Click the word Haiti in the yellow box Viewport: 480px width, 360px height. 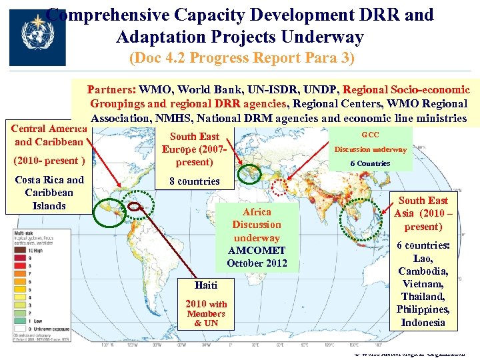pyautogui.click(x=206, y=285)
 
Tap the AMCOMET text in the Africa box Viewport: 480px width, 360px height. pyautogui.click(x=257, y=251)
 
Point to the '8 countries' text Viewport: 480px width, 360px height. pyautogui.click(x=195, y=181)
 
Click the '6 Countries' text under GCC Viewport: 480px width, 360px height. pyautogui.click(x=371, y=163)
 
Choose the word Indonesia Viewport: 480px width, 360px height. pyautogui.click(x=423, y=323)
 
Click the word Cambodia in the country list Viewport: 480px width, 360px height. pyautogui.click(x=423, y=271)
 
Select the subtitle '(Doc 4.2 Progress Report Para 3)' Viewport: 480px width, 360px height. pyautogui.click(x=242, y=58)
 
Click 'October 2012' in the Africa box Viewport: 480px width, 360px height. pyautogui.click(x=257, y=263)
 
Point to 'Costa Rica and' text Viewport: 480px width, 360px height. pyautogui.click(x=49, y=180)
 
